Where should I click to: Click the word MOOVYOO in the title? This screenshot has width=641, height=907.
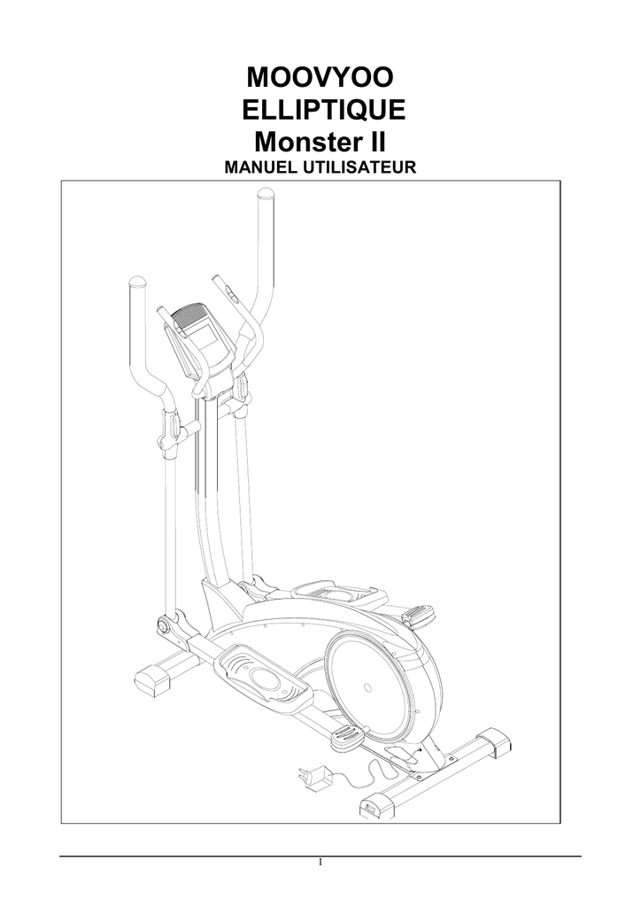point(320,77)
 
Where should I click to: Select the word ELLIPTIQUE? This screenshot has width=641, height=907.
point(323,110)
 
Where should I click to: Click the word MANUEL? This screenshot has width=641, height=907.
point(259,167)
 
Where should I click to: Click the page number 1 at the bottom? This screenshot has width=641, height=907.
point(320,863)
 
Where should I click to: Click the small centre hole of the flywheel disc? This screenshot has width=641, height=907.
point(367,688)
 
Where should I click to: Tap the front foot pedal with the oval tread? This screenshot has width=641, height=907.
point(263,674)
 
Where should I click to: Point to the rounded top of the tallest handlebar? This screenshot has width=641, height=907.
point(266,194)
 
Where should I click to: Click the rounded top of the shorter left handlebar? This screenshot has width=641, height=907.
point(137,283)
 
